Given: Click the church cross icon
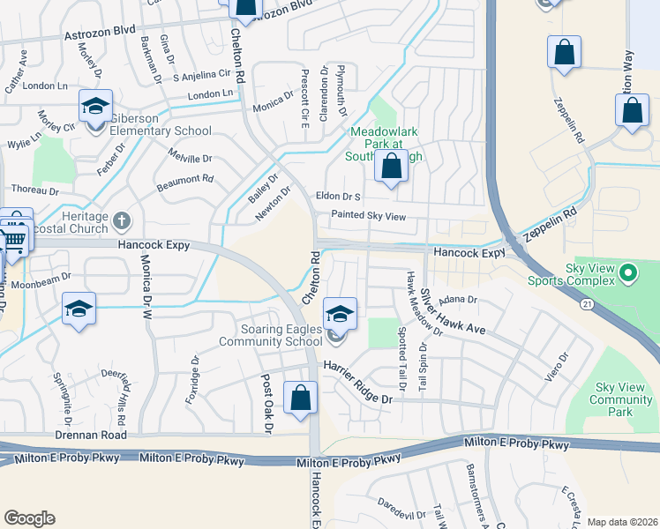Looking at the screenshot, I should pos(122,219).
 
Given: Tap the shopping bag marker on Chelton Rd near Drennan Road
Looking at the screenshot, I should pos(301,397).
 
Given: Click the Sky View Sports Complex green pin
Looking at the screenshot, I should pos(628,273).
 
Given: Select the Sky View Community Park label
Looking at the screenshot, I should pos(624,399).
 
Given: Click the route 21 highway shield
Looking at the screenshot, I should pos(586,303).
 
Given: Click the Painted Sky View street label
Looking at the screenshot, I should pos(367,215).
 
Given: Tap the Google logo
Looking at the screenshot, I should pos(29,518).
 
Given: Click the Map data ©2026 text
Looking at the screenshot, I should pos(621,521).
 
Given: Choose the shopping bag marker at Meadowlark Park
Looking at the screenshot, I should pos(391,165).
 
